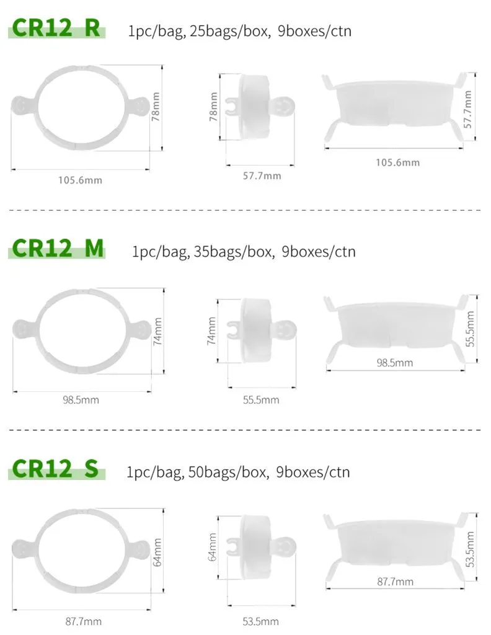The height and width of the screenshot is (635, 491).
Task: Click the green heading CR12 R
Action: [56, 28]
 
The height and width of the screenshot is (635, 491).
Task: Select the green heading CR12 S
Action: [55, 469]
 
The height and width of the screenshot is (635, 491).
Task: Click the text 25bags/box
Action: [230, 31]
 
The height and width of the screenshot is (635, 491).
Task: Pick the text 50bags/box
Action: [228, 472]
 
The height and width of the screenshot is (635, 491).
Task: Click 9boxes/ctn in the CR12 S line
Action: [313, 472]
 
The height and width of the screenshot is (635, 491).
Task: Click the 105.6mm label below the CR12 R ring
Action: [80, 180]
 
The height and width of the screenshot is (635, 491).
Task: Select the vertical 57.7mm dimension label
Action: [467, 109]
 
